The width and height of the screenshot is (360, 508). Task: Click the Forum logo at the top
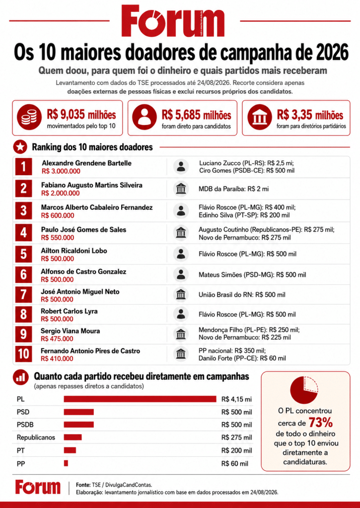click(173, 21)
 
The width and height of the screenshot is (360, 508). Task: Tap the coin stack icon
click(29, 117)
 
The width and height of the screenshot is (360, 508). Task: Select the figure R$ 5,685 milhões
click(196, 115)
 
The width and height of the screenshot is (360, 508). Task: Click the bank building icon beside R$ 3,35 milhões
click(260, 117)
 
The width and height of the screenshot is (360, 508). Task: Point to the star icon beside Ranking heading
click(20, 147)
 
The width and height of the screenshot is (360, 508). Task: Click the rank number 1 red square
click(23, 167)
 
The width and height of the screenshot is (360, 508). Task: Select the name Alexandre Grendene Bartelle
click(86, 163)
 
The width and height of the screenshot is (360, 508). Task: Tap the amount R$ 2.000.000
click(60, 193)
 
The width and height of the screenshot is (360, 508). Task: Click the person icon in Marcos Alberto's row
click(181, 210)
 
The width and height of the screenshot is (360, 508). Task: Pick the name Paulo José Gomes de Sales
click(83, 230)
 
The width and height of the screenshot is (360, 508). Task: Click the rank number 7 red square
click(23, 294)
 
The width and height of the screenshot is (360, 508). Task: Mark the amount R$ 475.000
click(57, 339)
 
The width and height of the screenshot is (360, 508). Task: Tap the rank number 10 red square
click(23, 353)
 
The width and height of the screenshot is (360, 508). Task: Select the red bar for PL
click(140, 399)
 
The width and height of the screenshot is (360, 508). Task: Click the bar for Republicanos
click(72, 438)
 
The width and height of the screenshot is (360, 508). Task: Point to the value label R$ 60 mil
click(235, 464)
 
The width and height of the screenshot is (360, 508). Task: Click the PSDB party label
click(25, 425)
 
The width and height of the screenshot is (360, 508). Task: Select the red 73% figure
click(320, 423)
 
